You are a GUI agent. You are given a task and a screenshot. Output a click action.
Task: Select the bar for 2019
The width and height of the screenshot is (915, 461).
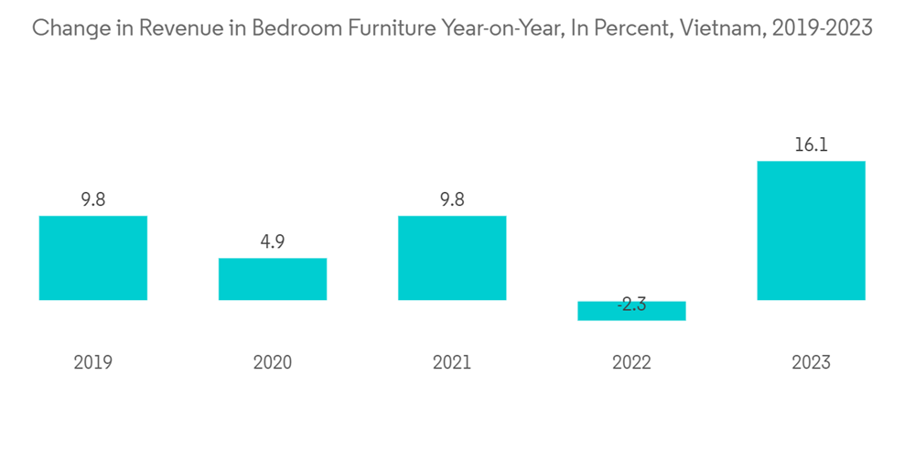point(92,258)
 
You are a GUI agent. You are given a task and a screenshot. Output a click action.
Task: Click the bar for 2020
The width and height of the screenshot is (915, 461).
point(272,279)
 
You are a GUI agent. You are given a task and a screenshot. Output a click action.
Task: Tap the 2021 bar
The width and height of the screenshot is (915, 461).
point(452,258)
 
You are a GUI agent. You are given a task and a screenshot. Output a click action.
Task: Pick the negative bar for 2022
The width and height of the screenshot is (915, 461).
point(631,311)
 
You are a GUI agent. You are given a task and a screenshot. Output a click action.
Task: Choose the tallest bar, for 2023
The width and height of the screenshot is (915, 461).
point(811,230)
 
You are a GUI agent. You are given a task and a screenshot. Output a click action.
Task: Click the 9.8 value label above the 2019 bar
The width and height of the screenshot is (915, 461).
point(92,199)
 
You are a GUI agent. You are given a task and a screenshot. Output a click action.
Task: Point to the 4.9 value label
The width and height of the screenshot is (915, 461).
point(272,241)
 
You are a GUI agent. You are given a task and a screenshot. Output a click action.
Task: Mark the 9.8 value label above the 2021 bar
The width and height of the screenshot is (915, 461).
point(452,199)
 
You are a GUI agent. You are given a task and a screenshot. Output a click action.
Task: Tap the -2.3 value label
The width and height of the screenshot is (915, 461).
point(630,305)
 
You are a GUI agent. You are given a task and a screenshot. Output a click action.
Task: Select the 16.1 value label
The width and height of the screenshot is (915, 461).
point(811,145)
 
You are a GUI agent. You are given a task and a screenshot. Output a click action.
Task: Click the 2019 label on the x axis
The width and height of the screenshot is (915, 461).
point(92,363)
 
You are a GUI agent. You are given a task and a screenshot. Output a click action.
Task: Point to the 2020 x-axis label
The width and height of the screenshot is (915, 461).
point(272,363)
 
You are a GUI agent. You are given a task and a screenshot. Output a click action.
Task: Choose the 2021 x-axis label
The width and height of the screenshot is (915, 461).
point(452,363)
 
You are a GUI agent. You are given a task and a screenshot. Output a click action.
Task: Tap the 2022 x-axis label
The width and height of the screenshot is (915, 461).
point(631,363)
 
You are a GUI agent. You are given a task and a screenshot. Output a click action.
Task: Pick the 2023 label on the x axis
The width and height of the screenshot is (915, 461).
point(811,363)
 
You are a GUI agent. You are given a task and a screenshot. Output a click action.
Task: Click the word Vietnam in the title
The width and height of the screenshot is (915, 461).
point(723,28)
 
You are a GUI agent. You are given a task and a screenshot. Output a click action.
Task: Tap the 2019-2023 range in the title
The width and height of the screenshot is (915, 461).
point(823,28)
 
